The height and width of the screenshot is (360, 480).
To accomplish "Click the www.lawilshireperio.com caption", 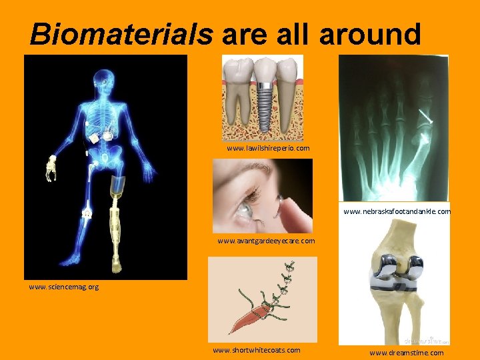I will point(268,148).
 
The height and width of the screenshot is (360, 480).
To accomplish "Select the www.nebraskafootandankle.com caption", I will point(397,211).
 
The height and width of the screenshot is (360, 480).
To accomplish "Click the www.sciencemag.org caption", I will point(63,287).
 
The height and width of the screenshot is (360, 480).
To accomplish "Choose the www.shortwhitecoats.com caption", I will point(256,349).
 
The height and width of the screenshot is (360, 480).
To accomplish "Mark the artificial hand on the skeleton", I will point(51,167).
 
